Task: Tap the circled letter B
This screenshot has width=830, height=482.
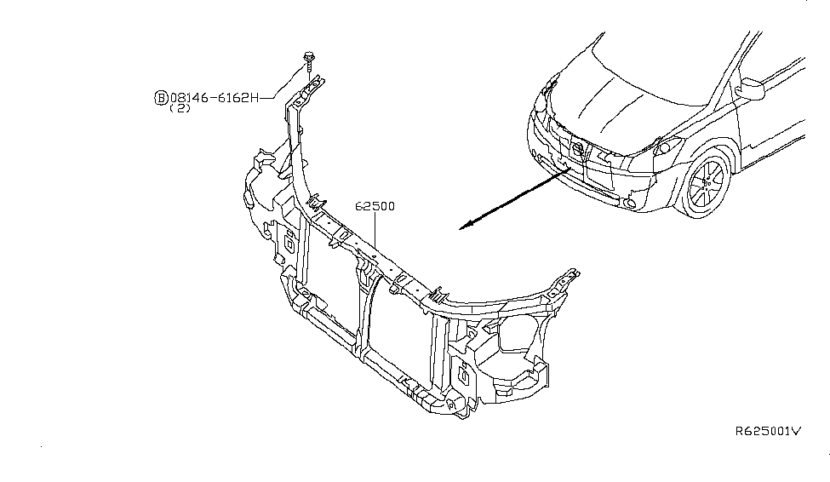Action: click(x=160, y=98)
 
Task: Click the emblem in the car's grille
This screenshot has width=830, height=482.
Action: click(x=578, y=151)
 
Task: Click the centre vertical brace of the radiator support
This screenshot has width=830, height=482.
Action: click(x=364, y=315)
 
